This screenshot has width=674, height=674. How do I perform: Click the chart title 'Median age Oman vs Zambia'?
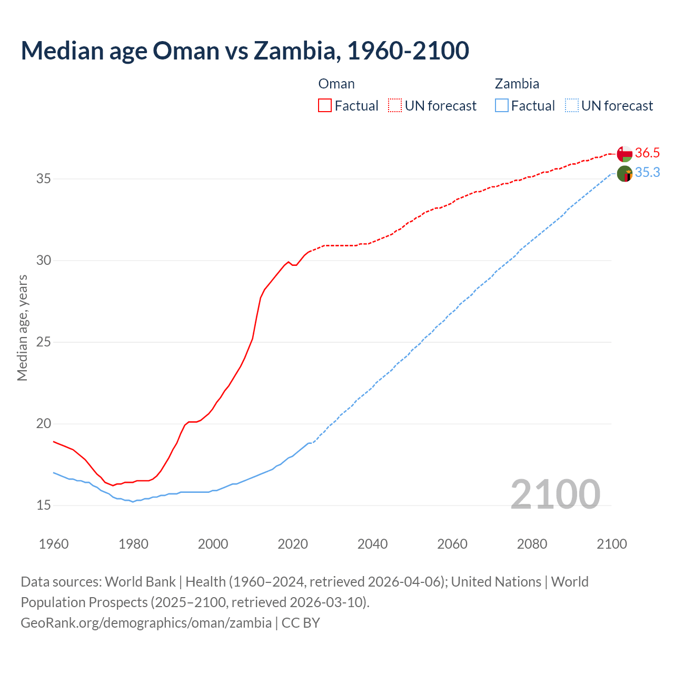coord(245,51)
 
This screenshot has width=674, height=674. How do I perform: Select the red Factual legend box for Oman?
coord(325,106)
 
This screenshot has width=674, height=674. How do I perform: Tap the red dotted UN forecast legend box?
coord(395,106)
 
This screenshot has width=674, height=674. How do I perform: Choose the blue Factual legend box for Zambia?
coord(502,106)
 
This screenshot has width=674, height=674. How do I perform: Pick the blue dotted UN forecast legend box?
coord(571,106)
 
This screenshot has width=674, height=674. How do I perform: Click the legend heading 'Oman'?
coord(336,84)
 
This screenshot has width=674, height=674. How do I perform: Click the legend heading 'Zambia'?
coord(517,84)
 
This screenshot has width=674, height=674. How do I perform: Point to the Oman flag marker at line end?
coord(625,154)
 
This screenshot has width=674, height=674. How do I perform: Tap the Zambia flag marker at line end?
coord(625,173)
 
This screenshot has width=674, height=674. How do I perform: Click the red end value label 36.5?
coord(647,153)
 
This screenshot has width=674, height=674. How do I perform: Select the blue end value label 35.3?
coord(647,173)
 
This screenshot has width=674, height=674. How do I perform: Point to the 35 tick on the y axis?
coord(43,179)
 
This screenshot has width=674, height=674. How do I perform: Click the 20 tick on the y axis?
coord(43,424)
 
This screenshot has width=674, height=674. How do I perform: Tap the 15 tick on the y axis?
coord(43,506)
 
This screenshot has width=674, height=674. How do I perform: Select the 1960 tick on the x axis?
coord(54,544)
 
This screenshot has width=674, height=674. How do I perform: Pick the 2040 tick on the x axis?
coord(372,544)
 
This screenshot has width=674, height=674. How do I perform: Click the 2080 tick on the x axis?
coord(532,544)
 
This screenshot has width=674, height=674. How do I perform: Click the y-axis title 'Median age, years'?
coord(22,328)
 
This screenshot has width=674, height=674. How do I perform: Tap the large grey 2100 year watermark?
coord(555,494)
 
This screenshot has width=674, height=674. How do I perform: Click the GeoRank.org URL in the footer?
coord(146,623)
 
